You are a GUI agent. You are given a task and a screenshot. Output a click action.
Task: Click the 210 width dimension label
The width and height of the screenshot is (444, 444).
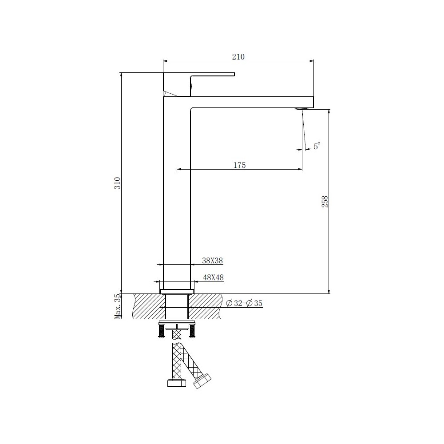coord(238,57)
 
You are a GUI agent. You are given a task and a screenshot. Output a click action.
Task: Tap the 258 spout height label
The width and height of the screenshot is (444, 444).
coord(325,202)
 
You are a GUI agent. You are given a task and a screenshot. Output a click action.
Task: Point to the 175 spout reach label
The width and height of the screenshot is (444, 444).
coord(240,165)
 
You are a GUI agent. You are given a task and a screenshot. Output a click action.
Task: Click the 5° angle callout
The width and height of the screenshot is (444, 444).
coord(317,146)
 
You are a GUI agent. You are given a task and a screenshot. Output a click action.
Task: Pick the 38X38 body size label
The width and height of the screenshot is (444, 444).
coord(212,261)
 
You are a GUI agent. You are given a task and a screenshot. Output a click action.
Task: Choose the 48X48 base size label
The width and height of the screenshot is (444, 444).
coord(213,277)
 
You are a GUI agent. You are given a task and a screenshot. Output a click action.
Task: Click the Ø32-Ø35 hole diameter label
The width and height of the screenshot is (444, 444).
coord(244,303)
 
